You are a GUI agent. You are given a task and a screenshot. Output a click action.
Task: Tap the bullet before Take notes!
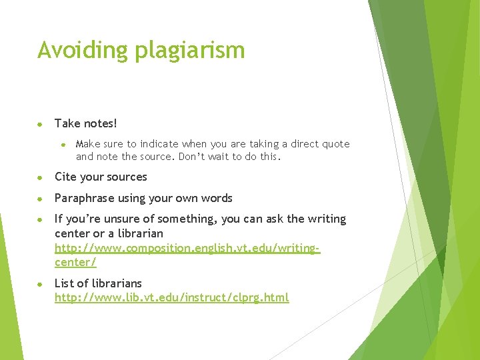pos(41,124)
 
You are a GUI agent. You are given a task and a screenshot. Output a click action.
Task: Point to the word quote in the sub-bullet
pos(335,144)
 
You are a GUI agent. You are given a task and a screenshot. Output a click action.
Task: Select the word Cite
pos(65,177)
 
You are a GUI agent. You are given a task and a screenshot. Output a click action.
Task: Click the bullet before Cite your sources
pos(41,177)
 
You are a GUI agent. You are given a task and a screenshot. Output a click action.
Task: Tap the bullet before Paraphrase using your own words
pos(41,199)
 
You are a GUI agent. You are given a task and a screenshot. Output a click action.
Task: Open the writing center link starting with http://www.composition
pos(187,248)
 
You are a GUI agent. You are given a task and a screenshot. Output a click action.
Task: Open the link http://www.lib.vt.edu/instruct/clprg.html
pos(171,297)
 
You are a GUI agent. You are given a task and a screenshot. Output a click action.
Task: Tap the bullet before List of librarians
pos(41,284)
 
